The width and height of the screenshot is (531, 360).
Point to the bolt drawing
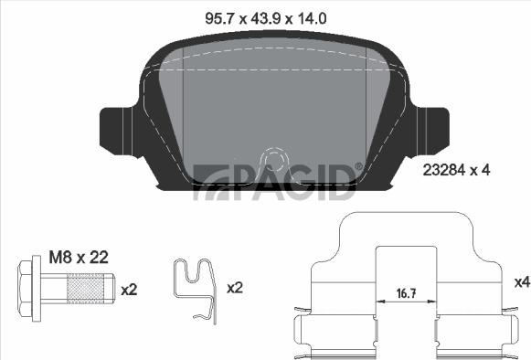[x=64, y=291]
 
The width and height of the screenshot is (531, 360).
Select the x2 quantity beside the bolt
[x=129, y=290]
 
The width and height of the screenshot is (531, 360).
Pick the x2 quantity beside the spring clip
[x=234, y=288]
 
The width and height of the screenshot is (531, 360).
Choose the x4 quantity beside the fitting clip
[x=522, y=282]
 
